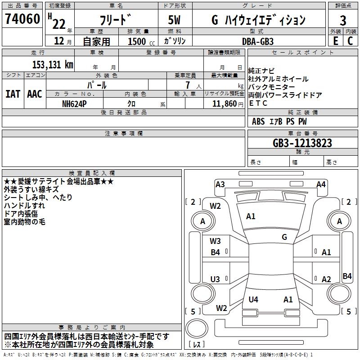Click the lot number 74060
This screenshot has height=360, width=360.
(22, 19)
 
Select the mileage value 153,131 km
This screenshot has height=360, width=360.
(53, 64)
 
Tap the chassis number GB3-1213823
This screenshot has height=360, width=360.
(302, 143)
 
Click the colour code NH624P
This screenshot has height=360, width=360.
(75, 103)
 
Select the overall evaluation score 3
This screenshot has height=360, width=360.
(343, 20)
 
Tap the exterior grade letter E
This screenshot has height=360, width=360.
(335, 40)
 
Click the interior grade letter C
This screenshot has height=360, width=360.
(350, 40)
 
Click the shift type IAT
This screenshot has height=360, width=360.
(13, 94)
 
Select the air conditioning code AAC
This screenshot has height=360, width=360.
(34, 94)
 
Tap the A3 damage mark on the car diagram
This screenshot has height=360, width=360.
(220, 184)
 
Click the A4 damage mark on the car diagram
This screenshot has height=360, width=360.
(321, 184)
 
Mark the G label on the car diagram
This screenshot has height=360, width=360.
(284, 237)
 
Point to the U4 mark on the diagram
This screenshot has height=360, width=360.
(253, 299)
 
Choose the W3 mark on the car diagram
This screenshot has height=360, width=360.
(216, 241)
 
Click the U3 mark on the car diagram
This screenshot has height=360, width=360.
(216, 279)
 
